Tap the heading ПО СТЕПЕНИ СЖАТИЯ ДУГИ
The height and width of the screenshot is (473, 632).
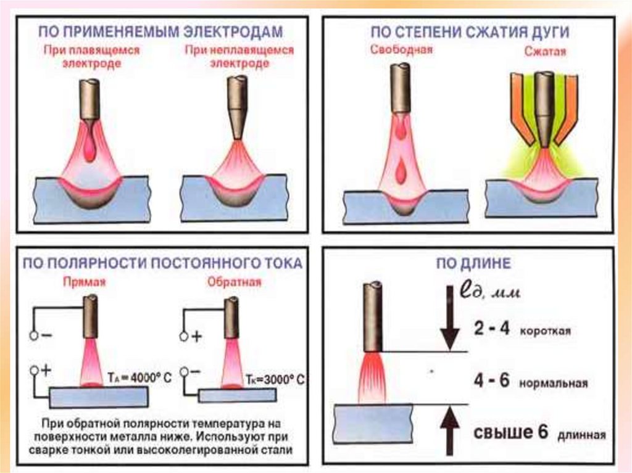pyautogui.click(x=470, y=31)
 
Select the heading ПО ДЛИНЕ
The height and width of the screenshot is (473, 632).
pyautogui.click(x=474, y=265)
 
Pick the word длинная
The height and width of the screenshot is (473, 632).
pyautogui.click(x=581, y=435)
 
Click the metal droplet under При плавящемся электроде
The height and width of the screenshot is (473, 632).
pyautogui.click(x=91, y=149)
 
